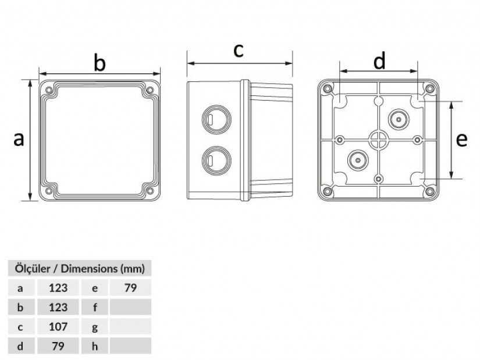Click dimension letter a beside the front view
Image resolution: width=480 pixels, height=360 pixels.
tap(19, 139)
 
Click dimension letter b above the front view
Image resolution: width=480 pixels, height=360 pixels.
tap(99, 63)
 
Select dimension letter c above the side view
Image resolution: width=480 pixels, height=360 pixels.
tap(238, 50)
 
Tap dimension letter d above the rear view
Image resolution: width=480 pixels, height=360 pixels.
tap(379, 60)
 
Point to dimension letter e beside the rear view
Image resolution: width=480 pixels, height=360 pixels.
tap(461, 140)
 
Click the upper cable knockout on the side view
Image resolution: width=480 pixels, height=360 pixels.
tap(216, 119)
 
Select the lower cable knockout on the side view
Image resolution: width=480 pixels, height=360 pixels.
tap(216, 161)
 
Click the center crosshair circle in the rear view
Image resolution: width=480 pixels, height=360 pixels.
tap(379, 140)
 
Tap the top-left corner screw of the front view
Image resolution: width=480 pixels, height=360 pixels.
tap(49, 90)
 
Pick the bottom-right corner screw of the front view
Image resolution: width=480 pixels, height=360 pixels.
tap(150, 191)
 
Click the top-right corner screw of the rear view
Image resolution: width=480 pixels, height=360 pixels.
tap(429, 89)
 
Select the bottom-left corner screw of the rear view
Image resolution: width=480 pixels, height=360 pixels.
tap(327, 192)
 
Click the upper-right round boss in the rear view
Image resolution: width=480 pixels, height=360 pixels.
tap(399, 119)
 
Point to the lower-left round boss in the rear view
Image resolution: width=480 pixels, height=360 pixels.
tap(358, 160)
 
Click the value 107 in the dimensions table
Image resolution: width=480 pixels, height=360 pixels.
tap(58, 327)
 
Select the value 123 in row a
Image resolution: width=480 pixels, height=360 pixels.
tap(58, 288)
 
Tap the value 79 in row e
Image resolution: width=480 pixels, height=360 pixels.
tap(130, 288)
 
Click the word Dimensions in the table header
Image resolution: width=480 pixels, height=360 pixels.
tap(89, 269)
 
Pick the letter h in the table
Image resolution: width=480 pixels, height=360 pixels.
tap(95, 346)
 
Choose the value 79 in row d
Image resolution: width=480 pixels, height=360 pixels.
tap(58, 346)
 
